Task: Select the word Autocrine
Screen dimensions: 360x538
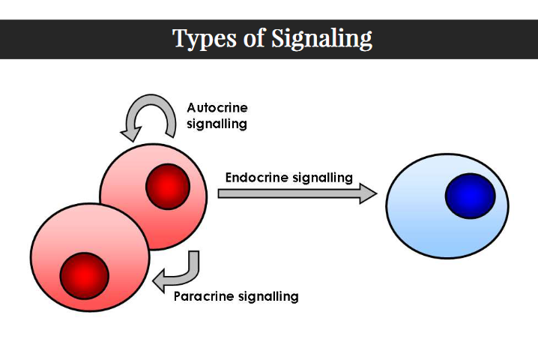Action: (x=217, y=108)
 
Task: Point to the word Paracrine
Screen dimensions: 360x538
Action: (x=203, y=296)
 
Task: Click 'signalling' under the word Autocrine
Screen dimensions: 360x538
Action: (x=217, y=124)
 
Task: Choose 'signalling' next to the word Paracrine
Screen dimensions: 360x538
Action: (x=268, y=296)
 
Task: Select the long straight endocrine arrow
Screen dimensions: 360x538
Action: (x=292, y=193)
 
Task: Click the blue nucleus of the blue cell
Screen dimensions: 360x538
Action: (x=470, y=196)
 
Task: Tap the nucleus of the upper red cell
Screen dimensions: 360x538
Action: (x=168, y=187)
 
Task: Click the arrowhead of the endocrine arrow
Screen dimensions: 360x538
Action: (x=368, y=193)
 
